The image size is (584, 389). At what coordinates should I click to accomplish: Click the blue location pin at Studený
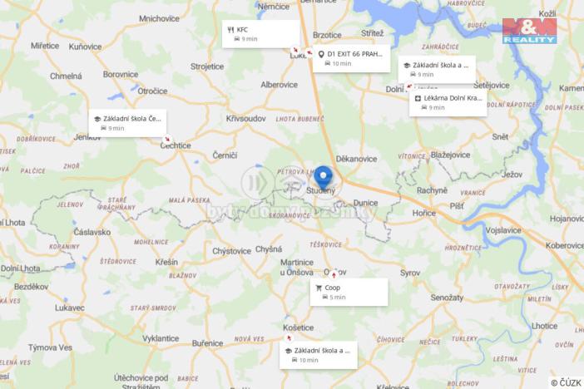[323, 177]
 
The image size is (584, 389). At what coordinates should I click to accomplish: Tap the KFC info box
[260, 33]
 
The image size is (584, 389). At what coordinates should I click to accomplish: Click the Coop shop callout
[349, 291]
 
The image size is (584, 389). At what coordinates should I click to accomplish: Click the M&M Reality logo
[529, 31]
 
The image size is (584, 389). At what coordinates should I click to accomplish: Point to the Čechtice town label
[176, 145]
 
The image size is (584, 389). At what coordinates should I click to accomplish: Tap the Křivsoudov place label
[245, 119]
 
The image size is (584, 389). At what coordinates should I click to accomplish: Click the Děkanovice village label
[357, 158]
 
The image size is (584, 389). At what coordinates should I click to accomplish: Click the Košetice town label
[298, 327]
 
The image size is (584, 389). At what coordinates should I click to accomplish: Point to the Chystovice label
[231, 250]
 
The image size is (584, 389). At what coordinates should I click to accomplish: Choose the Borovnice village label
[120, 74]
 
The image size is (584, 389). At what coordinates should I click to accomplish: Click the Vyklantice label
[161, 339]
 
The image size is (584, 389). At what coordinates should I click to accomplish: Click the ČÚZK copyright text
[566, 382]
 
